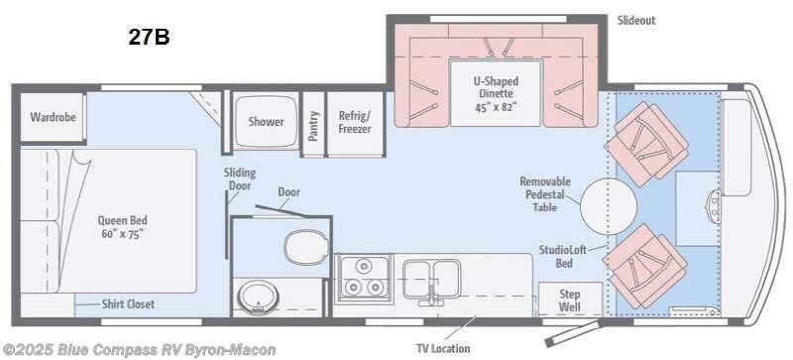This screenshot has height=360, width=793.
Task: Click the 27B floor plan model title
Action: (x=148, y=39)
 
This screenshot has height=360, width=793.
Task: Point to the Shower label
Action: (x=266, y=122)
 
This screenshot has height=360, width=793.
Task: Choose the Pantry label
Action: (x=313, y=123)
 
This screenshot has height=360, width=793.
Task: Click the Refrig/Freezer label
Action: (x=354, y=121)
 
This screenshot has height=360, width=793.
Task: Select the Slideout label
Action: (x=635, y=20)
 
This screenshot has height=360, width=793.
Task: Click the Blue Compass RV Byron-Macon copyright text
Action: (x=110, y=349)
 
